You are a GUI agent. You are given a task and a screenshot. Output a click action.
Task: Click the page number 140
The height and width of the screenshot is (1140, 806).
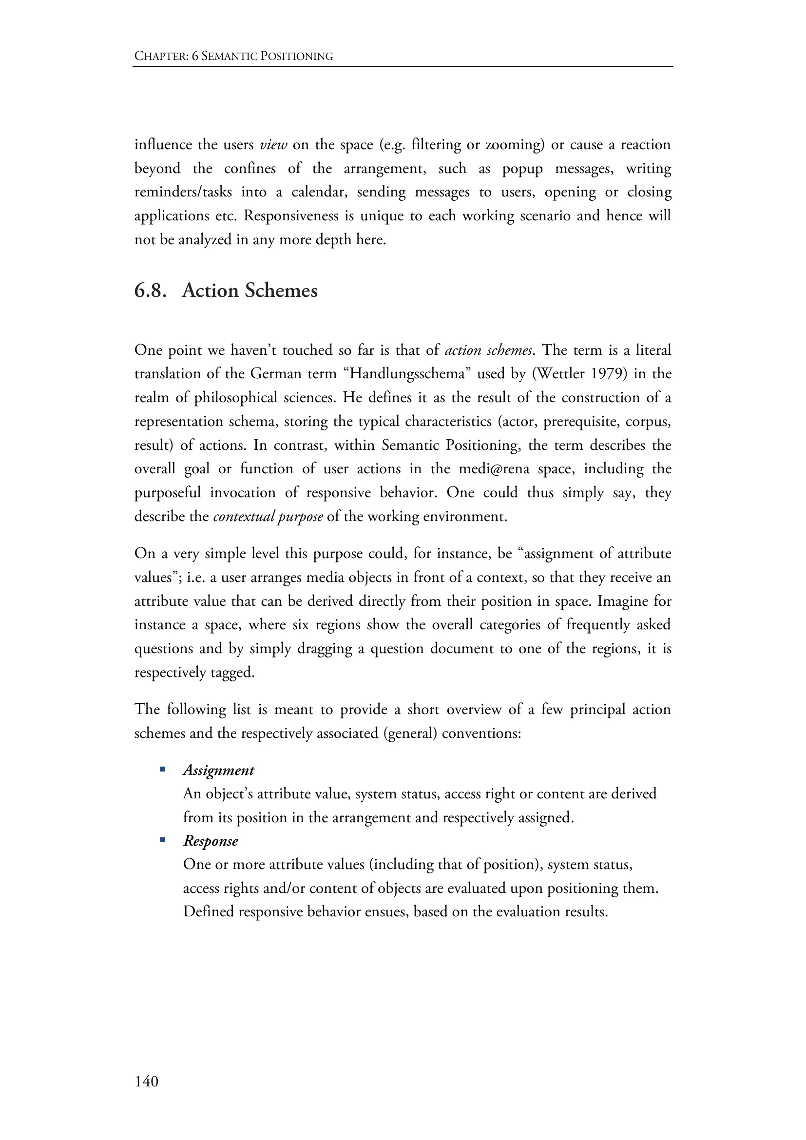pyautogui.click(x=146, y=1081)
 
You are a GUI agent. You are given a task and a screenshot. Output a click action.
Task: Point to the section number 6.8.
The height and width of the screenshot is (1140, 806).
pyautogui.click(x=150, y=290)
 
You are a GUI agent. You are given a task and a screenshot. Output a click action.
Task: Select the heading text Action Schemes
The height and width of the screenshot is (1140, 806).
pyautogui.click(x=249, y=290)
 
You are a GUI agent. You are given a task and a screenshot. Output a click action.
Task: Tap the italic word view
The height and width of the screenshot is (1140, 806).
pyautogui.click(x=273, y=145)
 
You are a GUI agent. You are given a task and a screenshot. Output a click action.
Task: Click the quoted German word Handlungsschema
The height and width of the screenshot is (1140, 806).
pyautogui.click(x=406, y=374)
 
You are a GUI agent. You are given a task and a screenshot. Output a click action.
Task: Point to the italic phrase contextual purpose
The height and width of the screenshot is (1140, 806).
pyautogui.click(x=268, y=517)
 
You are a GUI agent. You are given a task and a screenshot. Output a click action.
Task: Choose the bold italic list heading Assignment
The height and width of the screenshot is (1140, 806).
pyautogui.click(x=218, y=770)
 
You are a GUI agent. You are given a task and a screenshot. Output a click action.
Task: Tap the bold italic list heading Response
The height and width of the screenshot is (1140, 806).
pyautogui.click(x=211, y=841)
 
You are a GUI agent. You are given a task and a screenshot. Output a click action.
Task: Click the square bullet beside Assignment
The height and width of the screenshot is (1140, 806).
pyautogui.click(x=162, y=770)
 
